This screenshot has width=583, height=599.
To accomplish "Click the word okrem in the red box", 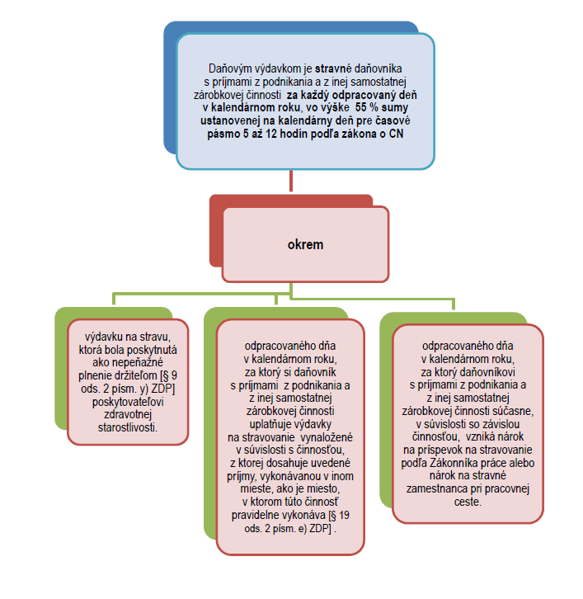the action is [305, 244].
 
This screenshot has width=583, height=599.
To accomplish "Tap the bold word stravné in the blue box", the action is [333, 68].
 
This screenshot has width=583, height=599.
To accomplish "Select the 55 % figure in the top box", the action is [366, 108].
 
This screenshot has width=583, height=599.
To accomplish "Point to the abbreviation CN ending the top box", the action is [396, 134].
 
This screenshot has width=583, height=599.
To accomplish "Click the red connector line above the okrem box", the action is [291, 181].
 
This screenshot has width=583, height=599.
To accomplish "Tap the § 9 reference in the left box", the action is [170, 375].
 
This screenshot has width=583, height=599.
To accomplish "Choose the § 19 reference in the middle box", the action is [341, 516].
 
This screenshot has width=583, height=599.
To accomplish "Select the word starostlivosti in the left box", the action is [127, 427].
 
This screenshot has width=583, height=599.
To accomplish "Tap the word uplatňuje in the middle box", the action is [267, 424].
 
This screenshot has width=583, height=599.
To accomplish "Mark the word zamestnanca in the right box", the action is [432, 489].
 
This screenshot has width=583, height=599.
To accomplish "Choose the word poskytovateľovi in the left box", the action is [128, 402].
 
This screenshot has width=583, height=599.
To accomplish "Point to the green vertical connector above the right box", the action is [454, 304].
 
